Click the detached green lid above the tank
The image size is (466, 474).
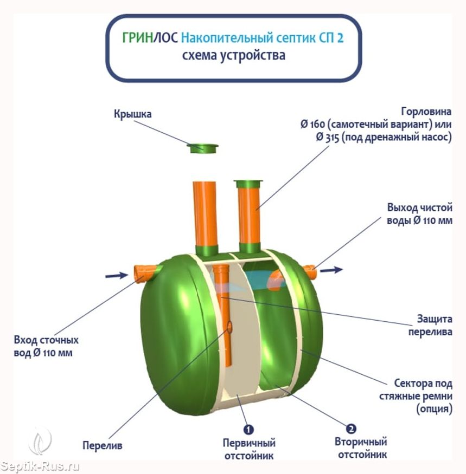[x=202, y=148]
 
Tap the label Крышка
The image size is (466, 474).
[x=132, y=114]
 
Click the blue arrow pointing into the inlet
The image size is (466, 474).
[x=117, y=275]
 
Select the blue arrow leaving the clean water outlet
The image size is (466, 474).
[x=331, y=270]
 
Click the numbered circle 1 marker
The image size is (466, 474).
[x=248, y=429]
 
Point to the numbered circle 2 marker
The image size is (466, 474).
[x=351, y=428]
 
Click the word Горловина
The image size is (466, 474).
[x=426, y=112]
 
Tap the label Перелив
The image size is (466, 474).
[x=103, y=445]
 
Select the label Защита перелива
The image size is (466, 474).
[x=430, y=325]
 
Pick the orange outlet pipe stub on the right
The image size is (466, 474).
[x=310, y=271]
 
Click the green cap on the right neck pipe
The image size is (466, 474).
[x=248, y=184]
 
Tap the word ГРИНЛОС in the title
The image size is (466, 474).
[x=150, y=38]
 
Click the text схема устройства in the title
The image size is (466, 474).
[x=233, y=56]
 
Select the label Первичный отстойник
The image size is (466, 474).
[x=249, y=449]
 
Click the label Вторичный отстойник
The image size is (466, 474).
[x=361, y=448]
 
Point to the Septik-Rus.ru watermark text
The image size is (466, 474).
[x=40, y=466]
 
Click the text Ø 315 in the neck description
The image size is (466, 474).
[x=327, y=137]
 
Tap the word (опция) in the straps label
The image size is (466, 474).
[x=434, y=408]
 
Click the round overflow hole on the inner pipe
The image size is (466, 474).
[x=229, y=327]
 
